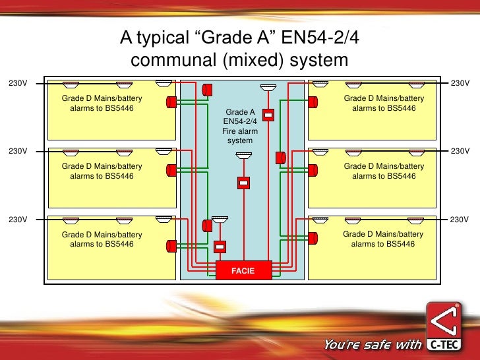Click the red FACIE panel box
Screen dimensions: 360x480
(243, 270)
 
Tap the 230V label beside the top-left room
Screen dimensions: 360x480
(18, 84)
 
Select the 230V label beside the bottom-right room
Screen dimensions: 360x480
(459, 219)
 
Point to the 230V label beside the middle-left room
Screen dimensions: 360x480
(18, 151)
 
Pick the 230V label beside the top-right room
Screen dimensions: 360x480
(459, 84)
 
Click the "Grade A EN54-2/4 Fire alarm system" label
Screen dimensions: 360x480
(240, 127)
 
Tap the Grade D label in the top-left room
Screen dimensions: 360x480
(102, 104)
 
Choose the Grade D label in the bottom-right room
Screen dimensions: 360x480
(384, 239)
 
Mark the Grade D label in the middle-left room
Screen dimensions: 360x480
(102, 171)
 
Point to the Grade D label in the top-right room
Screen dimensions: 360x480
(384, 104)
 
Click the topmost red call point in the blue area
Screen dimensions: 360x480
(268, 114)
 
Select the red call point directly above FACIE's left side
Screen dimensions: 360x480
(220, 247)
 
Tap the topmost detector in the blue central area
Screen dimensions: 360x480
(268, 88)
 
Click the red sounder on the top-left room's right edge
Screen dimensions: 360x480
(171, 102)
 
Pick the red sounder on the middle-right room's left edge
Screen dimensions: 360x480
(313, 169)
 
